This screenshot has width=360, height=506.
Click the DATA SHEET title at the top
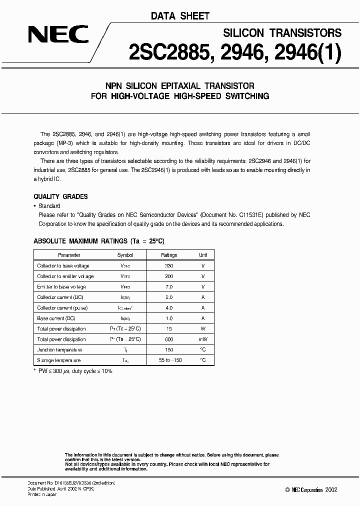click(180, 16)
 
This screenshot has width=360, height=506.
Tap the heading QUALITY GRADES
click(60, 196)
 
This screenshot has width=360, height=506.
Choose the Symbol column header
click(125, 255)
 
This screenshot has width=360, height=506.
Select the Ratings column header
click(169, 255)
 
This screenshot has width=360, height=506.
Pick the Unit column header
click(203, 255)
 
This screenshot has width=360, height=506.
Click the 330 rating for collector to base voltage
click(169, 266)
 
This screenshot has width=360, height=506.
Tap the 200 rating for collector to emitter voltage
click(169, 276)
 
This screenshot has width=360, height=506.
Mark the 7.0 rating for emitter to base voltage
click(169, 287)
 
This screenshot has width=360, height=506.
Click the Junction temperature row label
click(59, 350)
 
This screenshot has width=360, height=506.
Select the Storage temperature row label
click(58, 360)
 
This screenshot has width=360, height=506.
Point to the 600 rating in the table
click(169, 339)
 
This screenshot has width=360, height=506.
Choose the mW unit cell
click(203, 339)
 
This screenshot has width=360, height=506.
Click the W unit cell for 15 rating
click(203, 329)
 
